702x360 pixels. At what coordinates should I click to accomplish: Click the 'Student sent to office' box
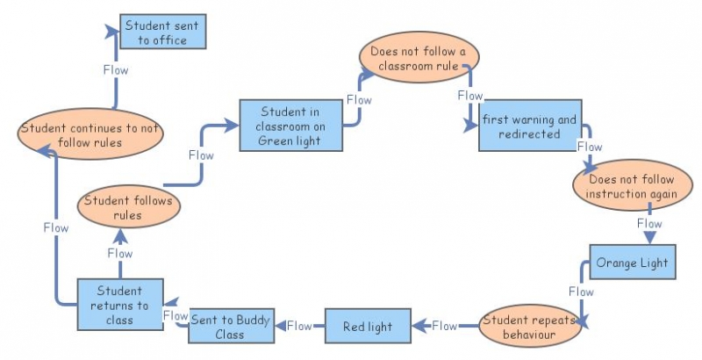161,32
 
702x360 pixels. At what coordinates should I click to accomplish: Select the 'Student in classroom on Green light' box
290,126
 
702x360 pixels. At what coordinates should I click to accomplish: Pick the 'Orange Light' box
632,262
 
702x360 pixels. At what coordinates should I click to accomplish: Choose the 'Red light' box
368,327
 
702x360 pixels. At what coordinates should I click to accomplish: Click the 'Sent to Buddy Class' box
230,327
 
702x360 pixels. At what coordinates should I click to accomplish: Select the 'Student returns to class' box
119,305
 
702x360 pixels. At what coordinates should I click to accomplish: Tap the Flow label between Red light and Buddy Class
300,326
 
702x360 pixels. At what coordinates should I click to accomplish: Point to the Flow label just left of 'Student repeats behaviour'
445,326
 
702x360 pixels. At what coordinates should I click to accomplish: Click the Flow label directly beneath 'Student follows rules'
120,253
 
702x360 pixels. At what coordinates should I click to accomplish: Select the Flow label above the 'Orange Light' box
649,224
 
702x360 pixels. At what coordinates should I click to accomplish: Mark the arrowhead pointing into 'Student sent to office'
113,32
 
